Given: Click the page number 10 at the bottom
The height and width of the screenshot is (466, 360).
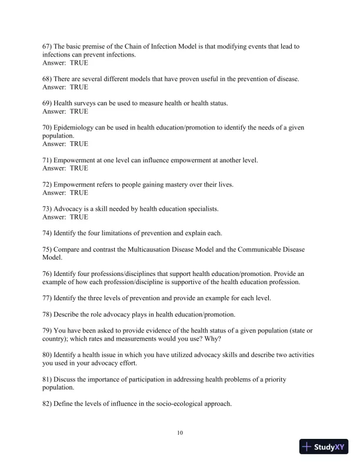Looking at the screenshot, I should (x=180, y=433).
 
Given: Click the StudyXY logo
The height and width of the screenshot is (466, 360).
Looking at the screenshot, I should (x=324, y=447).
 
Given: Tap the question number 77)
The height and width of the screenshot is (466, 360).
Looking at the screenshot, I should (x=48, y=298).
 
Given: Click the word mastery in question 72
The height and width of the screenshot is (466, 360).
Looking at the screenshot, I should (x=169, y=184).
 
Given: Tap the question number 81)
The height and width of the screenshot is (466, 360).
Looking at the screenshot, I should (x=48, y=371).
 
